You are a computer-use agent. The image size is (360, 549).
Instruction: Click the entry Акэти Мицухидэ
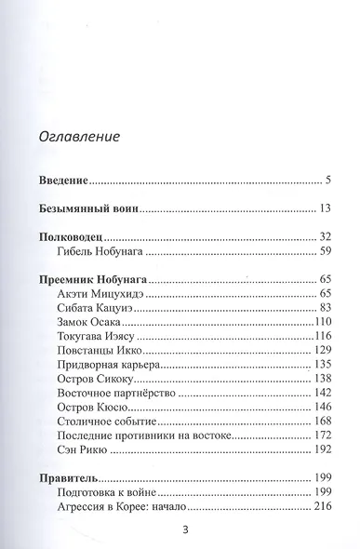[x=106, y=295]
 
